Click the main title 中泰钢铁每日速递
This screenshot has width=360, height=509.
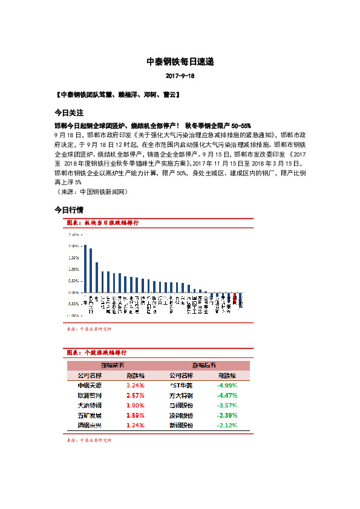(180, 62)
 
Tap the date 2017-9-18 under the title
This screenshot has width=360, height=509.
(180, 77)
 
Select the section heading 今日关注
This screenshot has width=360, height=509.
(68, 112)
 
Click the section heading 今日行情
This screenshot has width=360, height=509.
(68, 210)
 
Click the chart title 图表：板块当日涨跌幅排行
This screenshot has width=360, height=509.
(103, 223)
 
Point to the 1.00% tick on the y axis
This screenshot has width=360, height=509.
(73, 269)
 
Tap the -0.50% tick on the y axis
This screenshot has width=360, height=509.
(73, 303)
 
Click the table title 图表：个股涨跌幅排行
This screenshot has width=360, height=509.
(96, 352)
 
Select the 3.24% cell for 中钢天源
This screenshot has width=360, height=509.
(136, 384)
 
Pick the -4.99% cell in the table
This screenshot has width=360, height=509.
(227, 384)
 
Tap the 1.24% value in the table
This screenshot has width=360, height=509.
(136, 426)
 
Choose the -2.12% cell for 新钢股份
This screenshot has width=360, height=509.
(227, 426)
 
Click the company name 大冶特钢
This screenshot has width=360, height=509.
(90, 405)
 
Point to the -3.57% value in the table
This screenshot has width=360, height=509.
(227, 405)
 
